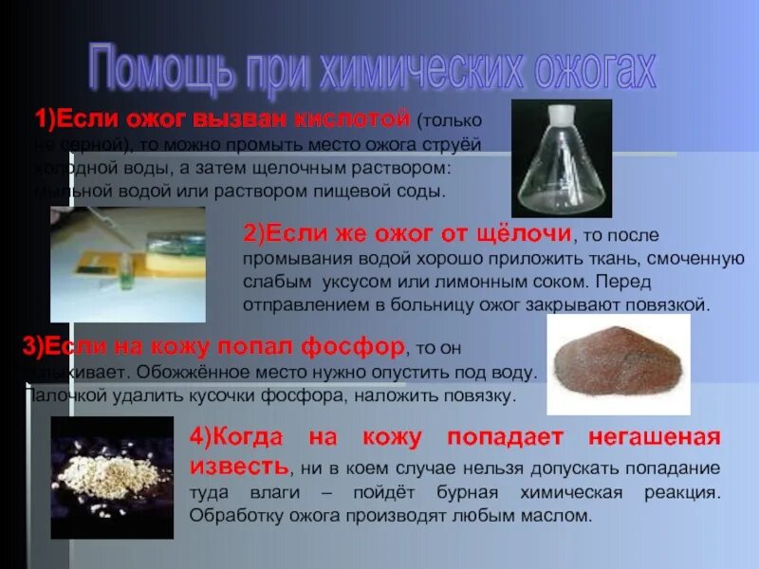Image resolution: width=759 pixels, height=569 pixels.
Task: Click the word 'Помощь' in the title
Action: click(151, 69)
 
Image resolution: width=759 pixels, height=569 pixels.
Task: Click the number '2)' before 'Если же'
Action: click(254, 233)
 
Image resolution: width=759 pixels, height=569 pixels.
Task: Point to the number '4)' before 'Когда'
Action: click(200, 437)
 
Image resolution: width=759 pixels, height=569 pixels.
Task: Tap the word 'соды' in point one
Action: click(421, 193)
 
